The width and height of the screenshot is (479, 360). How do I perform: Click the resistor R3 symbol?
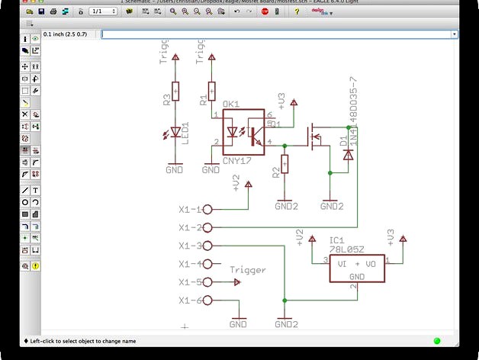click(x=175, y=92)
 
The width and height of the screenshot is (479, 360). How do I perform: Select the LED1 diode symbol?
click(x=175, y=132)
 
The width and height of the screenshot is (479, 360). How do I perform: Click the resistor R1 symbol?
click(x=211, y=92)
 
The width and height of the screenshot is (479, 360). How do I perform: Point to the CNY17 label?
click(x=236, y=161)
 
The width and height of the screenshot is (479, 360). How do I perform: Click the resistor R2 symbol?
click(x=285, y=164)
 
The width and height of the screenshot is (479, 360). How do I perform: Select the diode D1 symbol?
click(x=349, y=154)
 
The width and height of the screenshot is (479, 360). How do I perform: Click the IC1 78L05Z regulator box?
click(x=356, y=268)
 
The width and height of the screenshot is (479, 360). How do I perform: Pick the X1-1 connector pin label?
click(x=189, y=209)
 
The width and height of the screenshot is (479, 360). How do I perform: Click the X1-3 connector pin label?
click(x=189, y=246)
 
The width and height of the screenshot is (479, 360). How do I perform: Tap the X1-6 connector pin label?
click(x=189, y=301)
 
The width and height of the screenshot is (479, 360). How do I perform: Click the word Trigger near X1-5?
click(x=248, y=270)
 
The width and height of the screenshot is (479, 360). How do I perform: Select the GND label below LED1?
click(x=175, y=170)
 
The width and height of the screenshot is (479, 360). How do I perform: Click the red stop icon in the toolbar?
click(x=265, y=11)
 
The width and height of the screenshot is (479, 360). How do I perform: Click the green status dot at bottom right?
click(x=437, y=341)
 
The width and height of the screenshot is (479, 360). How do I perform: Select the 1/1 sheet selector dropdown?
click(x=103, y=11)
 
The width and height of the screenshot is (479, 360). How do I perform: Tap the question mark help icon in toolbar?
click(x=297, y=11)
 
